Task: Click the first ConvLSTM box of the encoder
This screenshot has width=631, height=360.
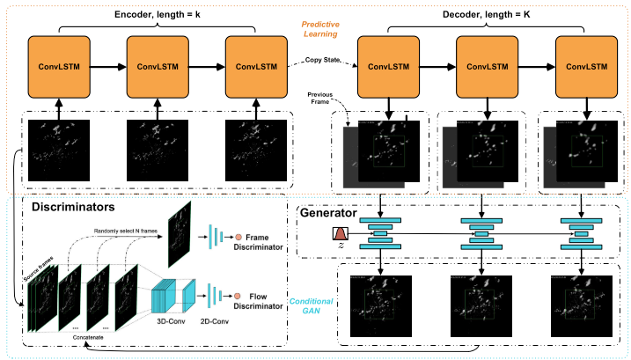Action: [x=60, y=67]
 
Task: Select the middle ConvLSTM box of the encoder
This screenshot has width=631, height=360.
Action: [x=158, y=67]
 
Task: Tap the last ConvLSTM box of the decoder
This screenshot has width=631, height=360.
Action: [x=586, y=67]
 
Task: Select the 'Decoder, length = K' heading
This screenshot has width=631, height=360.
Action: [x=486, y=13]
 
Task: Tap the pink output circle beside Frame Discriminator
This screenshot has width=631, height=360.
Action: [x=238, y=238]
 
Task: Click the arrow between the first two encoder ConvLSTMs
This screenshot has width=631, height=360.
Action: [x=108, y=67]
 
